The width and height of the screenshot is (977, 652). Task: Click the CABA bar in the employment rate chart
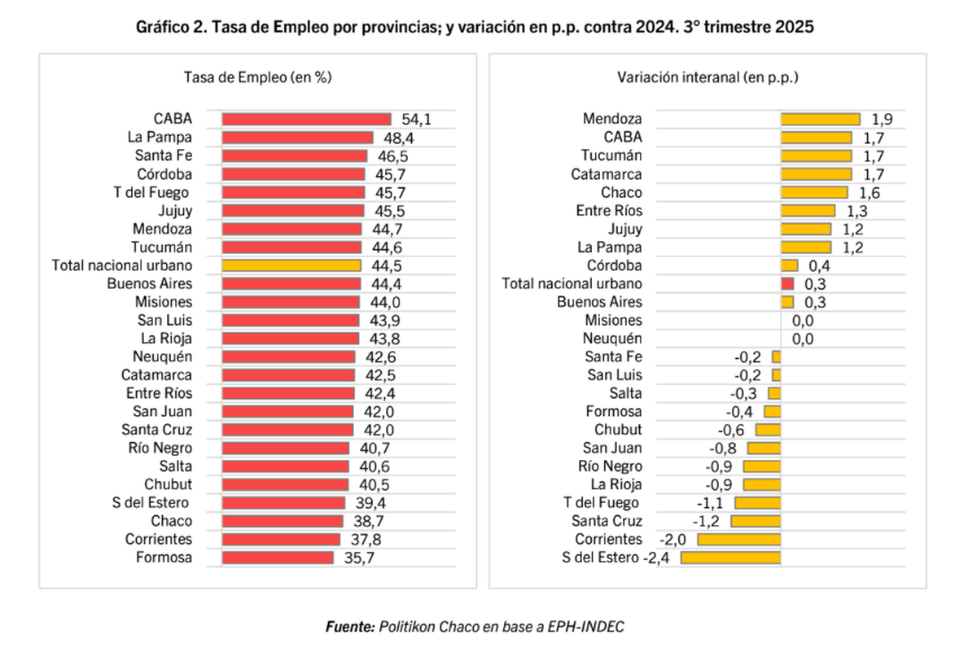pyautogui.click(x=306, y=119)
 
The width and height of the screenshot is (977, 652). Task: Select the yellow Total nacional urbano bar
pyautogui.click(x=291, y=265)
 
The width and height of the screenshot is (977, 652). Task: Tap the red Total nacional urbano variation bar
pyautogui.click(x=787, y=284)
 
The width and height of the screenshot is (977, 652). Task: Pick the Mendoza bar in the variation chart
pyautogui.click(x=820, y=119)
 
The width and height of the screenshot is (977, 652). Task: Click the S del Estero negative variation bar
pyautogui.click(x=730, y=558)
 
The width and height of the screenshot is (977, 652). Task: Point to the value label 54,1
pyautogui.click(x=415, y=119)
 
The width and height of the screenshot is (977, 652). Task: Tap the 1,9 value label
pyautogui.click(x=882, y=119)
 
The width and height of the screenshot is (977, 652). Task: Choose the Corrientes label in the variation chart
pyautogui.click(x=608, y=540)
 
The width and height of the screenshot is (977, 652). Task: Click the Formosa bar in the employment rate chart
pyautogui.click(x=278, y=558)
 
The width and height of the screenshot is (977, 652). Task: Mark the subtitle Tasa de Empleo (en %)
pyautogui.click(x=257, y=77)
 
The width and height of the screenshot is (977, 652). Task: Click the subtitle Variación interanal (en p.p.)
pyautogui.click(x=708, y=77)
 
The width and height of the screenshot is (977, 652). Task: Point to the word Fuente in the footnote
pyautogui.click(x=349, y=626)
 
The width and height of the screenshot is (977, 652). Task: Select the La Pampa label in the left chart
pyautogui.click(x=160, y=137)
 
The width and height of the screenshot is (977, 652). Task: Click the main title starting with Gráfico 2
pyautogui.click(x=475, y=27)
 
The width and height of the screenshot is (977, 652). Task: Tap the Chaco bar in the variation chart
pyautogui.click(x=813, y=192)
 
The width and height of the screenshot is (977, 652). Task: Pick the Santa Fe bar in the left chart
pyautogui.click(x=294, y=155)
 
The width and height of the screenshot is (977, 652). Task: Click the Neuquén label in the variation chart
pyautogui.click(x=612, y=339)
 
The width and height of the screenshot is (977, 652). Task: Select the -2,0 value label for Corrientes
pyautogui.click(x=673, y=540)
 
